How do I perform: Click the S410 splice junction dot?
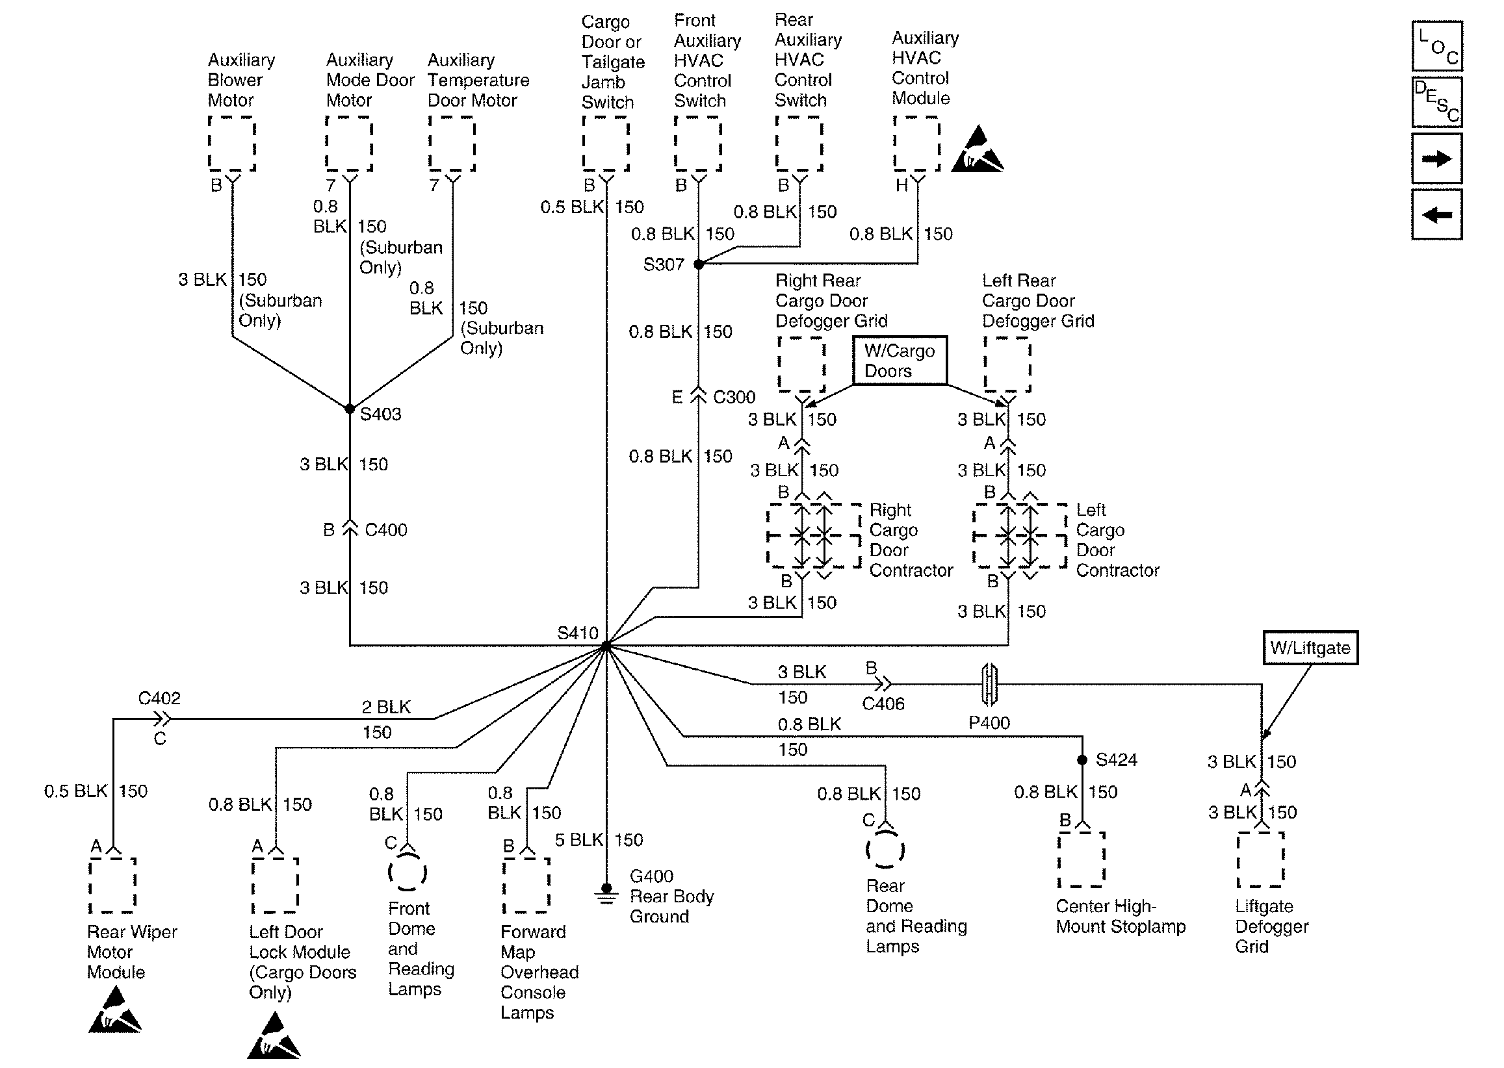(x=606, y=646)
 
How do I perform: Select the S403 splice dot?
(x=350, y=409)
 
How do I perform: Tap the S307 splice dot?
(x=699, y=264)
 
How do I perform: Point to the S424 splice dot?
(x=1082, y=760)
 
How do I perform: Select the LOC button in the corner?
(x=1437, y=46)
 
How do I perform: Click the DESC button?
(x=1437, y=103)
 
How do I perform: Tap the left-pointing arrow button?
(x=1437, y=215)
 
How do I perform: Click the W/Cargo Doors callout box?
(x=900, y=361)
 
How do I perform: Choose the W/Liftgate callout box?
(x=1310, y=648)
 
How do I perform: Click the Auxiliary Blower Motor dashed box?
(x=231, y=144)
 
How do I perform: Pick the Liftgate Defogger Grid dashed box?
(x=1260, y=860)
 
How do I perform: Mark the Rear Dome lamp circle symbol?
(x=885, y=849)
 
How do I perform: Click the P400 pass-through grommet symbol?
(x=989, y=685)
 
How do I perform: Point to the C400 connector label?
(x=385, y=530)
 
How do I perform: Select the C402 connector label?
(x=159, y=698)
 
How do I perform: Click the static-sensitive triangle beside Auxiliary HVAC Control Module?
(x=978, y=151)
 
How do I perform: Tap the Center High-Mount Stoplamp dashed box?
(x=1082, y=860)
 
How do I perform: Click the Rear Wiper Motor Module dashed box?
(x=113, y=885)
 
